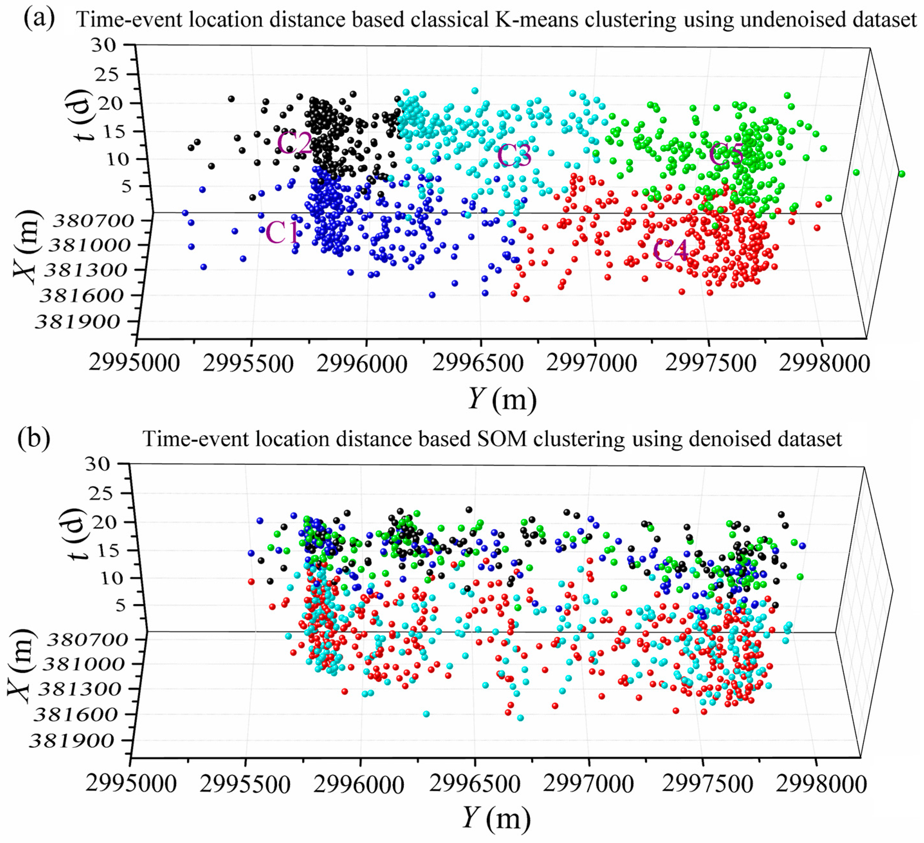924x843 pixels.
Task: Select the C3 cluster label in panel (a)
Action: (x=514, y=155)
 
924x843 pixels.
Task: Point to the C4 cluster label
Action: (x=670, y=251)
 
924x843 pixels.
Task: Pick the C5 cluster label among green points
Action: (x=726, y=155)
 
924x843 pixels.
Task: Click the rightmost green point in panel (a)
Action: (x=901, y=174)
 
